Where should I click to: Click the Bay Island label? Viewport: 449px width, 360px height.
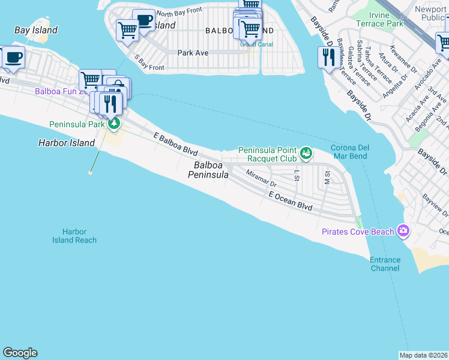tap(36, 30)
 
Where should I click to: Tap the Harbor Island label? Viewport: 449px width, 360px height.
tap(67, 143)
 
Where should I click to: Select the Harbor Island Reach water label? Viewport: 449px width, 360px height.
tap(74, 236)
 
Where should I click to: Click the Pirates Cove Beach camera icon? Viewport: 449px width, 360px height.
tap(403, 231)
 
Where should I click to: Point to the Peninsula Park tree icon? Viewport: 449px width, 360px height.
tap(113, 124)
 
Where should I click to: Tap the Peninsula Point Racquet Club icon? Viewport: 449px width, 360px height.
tap(306, 154)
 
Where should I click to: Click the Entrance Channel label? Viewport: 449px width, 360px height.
tap(384, 264)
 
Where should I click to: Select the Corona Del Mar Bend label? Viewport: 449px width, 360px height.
tap(349, 152)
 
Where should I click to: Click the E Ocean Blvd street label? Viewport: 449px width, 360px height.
tap(291, 201)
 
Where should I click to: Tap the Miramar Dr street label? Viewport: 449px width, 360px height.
tap(261, 178)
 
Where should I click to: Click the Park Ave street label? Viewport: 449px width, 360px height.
tap(193, 53)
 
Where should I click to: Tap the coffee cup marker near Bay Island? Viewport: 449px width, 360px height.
tap(13, 58)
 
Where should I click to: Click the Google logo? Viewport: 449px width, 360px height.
tap(20, 353)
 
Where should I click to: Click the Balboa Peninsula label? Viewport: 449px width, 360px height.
tap(208, 170)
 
